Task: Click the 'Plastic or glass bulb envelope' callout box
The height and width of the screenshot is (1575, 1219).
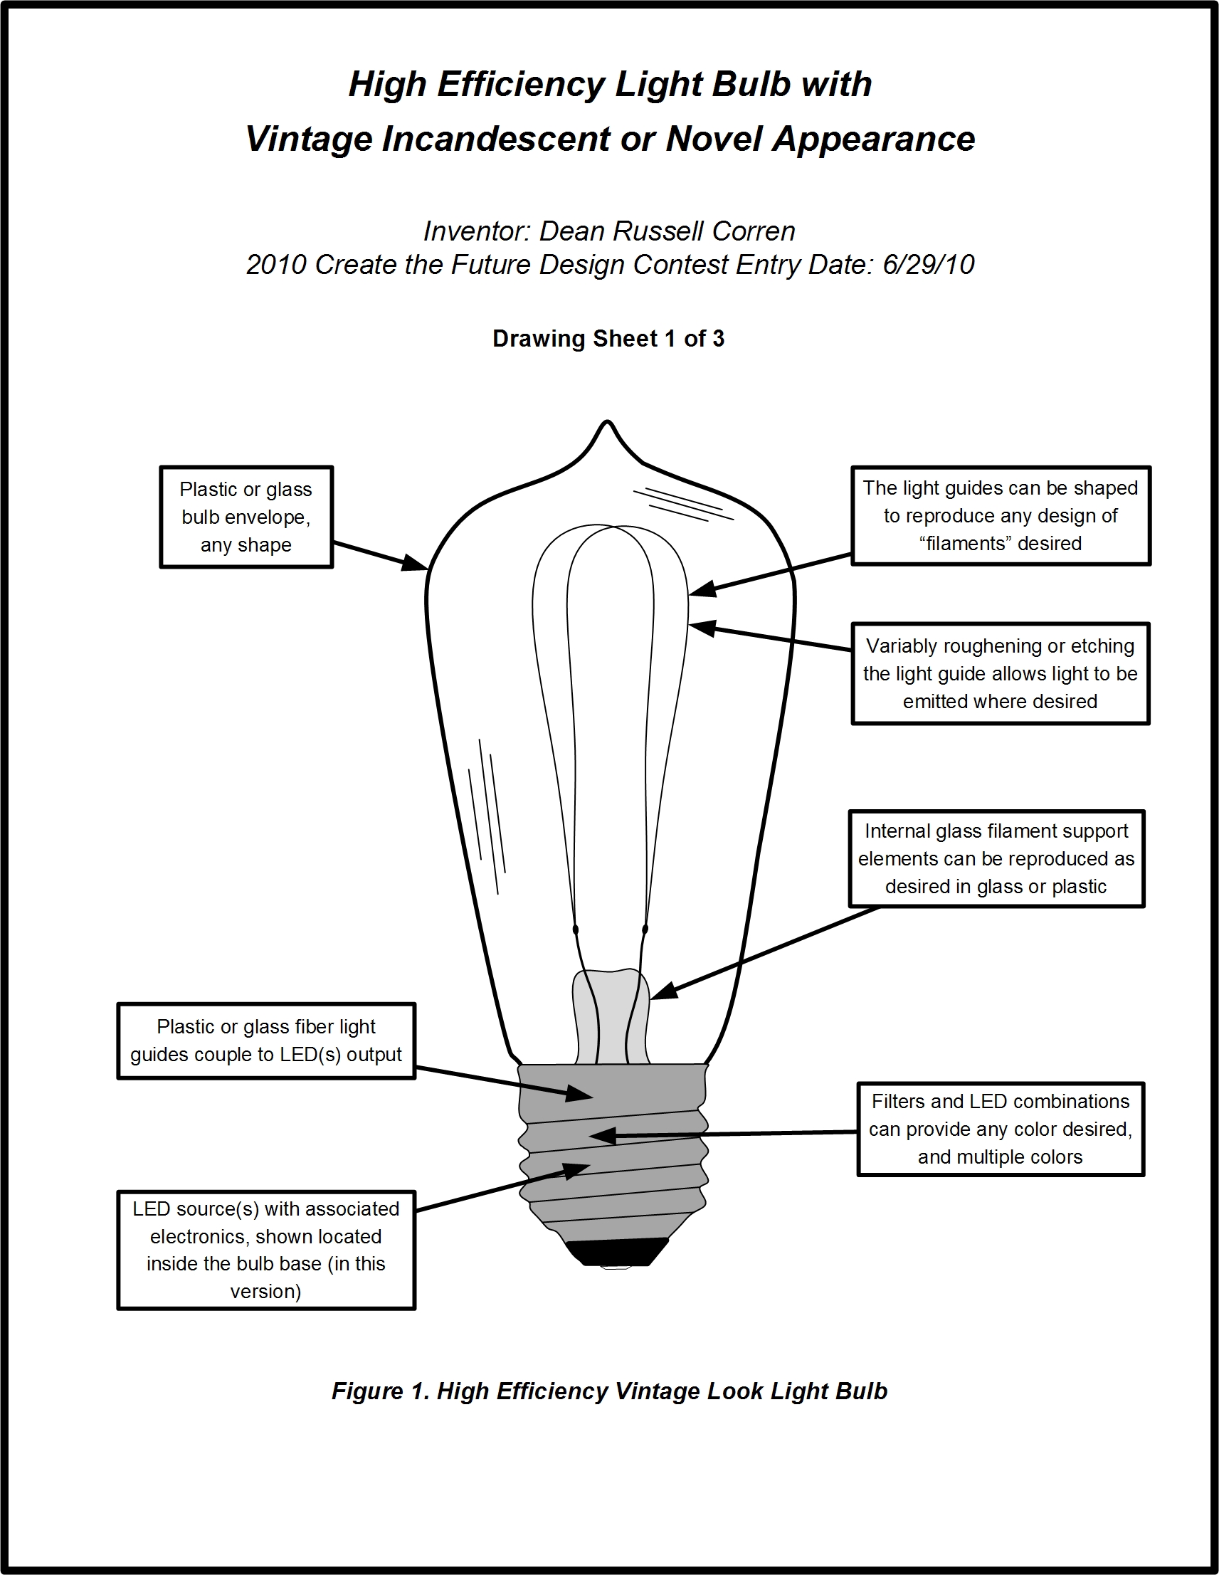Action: [x=246, y=517]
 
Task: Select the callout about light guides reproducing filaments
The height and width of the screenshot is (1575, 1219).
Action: [x=1000, y=515]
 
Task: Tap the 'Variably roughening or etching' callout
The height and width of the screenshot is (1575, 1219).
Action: [x=1000, y=673]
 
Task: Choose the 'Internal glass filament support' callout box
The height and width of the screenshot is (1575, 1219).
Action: [x=996, y=858]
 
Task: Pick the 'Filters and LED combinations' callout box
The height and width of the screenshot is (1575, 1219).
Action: [x=1000, y=1129]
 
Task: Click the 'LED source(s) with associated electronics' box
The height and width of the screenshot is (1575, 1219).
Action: [x=266, y=1250]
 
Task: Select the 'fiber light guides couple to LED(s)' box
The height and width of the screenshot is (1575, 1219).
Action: [x=266, y=1041]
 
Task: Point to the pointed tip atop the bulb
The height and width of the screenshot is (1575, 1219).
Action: [x=608, y=426]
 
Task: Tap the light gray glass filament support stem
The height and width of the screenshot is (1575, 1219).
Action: [x=611, y=1017]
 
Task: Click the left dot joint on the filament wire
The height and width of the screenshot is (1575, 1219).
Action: [x=576, y=929]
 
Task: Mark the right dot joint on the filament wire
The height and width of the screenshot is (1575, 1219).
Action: [x=645, y=929]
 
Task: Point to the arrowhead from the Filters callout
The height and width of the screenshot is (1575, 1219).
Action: [x=601, y=1136]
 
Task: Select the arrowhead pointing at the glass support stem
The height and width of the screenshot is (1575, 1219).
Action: [x=664, y=991]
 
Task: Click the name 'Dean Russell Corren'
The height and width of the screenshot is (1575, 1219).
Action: [x=667, y=231]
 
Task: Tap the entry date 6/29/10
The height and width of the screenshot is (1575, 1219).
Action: [x=928, y=265]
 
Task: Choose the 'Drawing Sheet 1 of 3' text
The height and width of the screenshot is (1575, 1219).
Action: [x=608, y=339]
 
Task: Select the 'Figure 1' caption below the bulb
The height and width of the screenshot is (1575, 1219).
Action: [x=609, y=1391]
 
